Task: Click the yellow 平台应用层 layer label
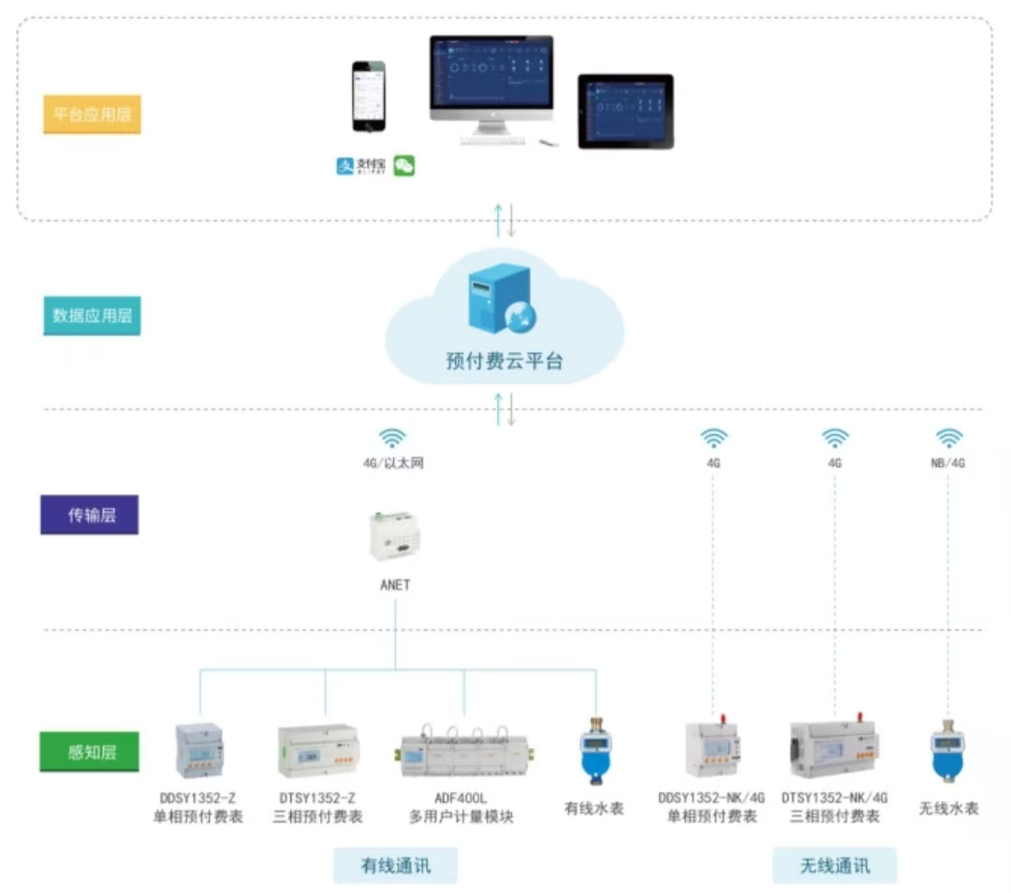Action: point(92,114)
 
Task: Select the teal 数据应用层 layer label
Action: point(92,315)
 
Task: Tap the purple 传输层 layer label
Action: point(89,514)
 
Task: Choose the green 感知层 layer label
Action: point(89,751)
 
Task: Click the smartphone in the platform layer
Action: point(369,96)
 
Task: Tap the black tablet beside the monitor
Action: point(625,110)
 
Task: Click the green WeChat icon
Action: point(404,166)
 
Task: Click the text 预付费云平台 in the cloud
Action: point(505,360)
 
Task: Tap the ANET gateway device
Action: point(395,535)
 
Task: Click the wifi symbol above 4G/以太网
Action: point(392,438)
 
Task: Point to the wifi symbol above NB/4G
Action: point(949,438)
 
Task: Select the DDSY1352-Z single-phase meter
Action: point(199,751)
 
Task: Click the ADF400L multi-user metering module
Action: point(461,752)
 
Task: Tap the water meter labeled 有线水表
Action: point(593,751)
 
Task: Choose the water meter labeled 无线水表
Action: point(948,751)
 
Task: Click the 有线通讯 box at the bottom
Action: point(395,866)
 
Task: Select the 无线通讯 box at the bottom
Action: point(834,866)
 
